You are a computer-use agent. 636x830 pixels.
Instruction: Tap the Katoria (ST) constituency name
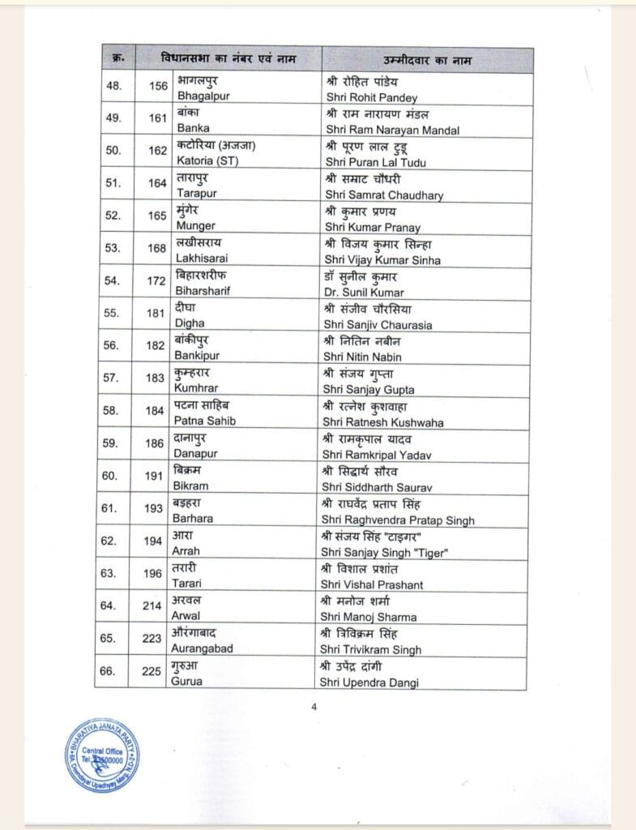coord(208,162)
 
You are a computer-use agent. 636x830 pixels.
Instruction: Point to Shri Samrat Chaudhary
coord(384,195)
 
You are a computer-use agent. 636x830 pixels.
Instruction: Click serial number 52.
coord(112,216)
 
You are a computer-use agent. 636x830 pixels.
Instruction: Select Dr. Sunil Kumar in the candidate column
coord(364,292)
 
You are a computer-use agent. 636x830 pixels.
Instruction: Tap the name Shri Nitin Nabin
coord(363,357)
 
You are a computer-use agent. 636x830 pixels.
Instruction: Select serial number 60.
coord(112,476)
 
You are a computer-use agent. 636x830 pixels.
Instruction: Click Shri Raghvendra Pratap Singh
coord(399,520)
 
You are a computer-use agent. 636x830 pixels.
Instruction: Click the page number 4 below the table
coord(314,705)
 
